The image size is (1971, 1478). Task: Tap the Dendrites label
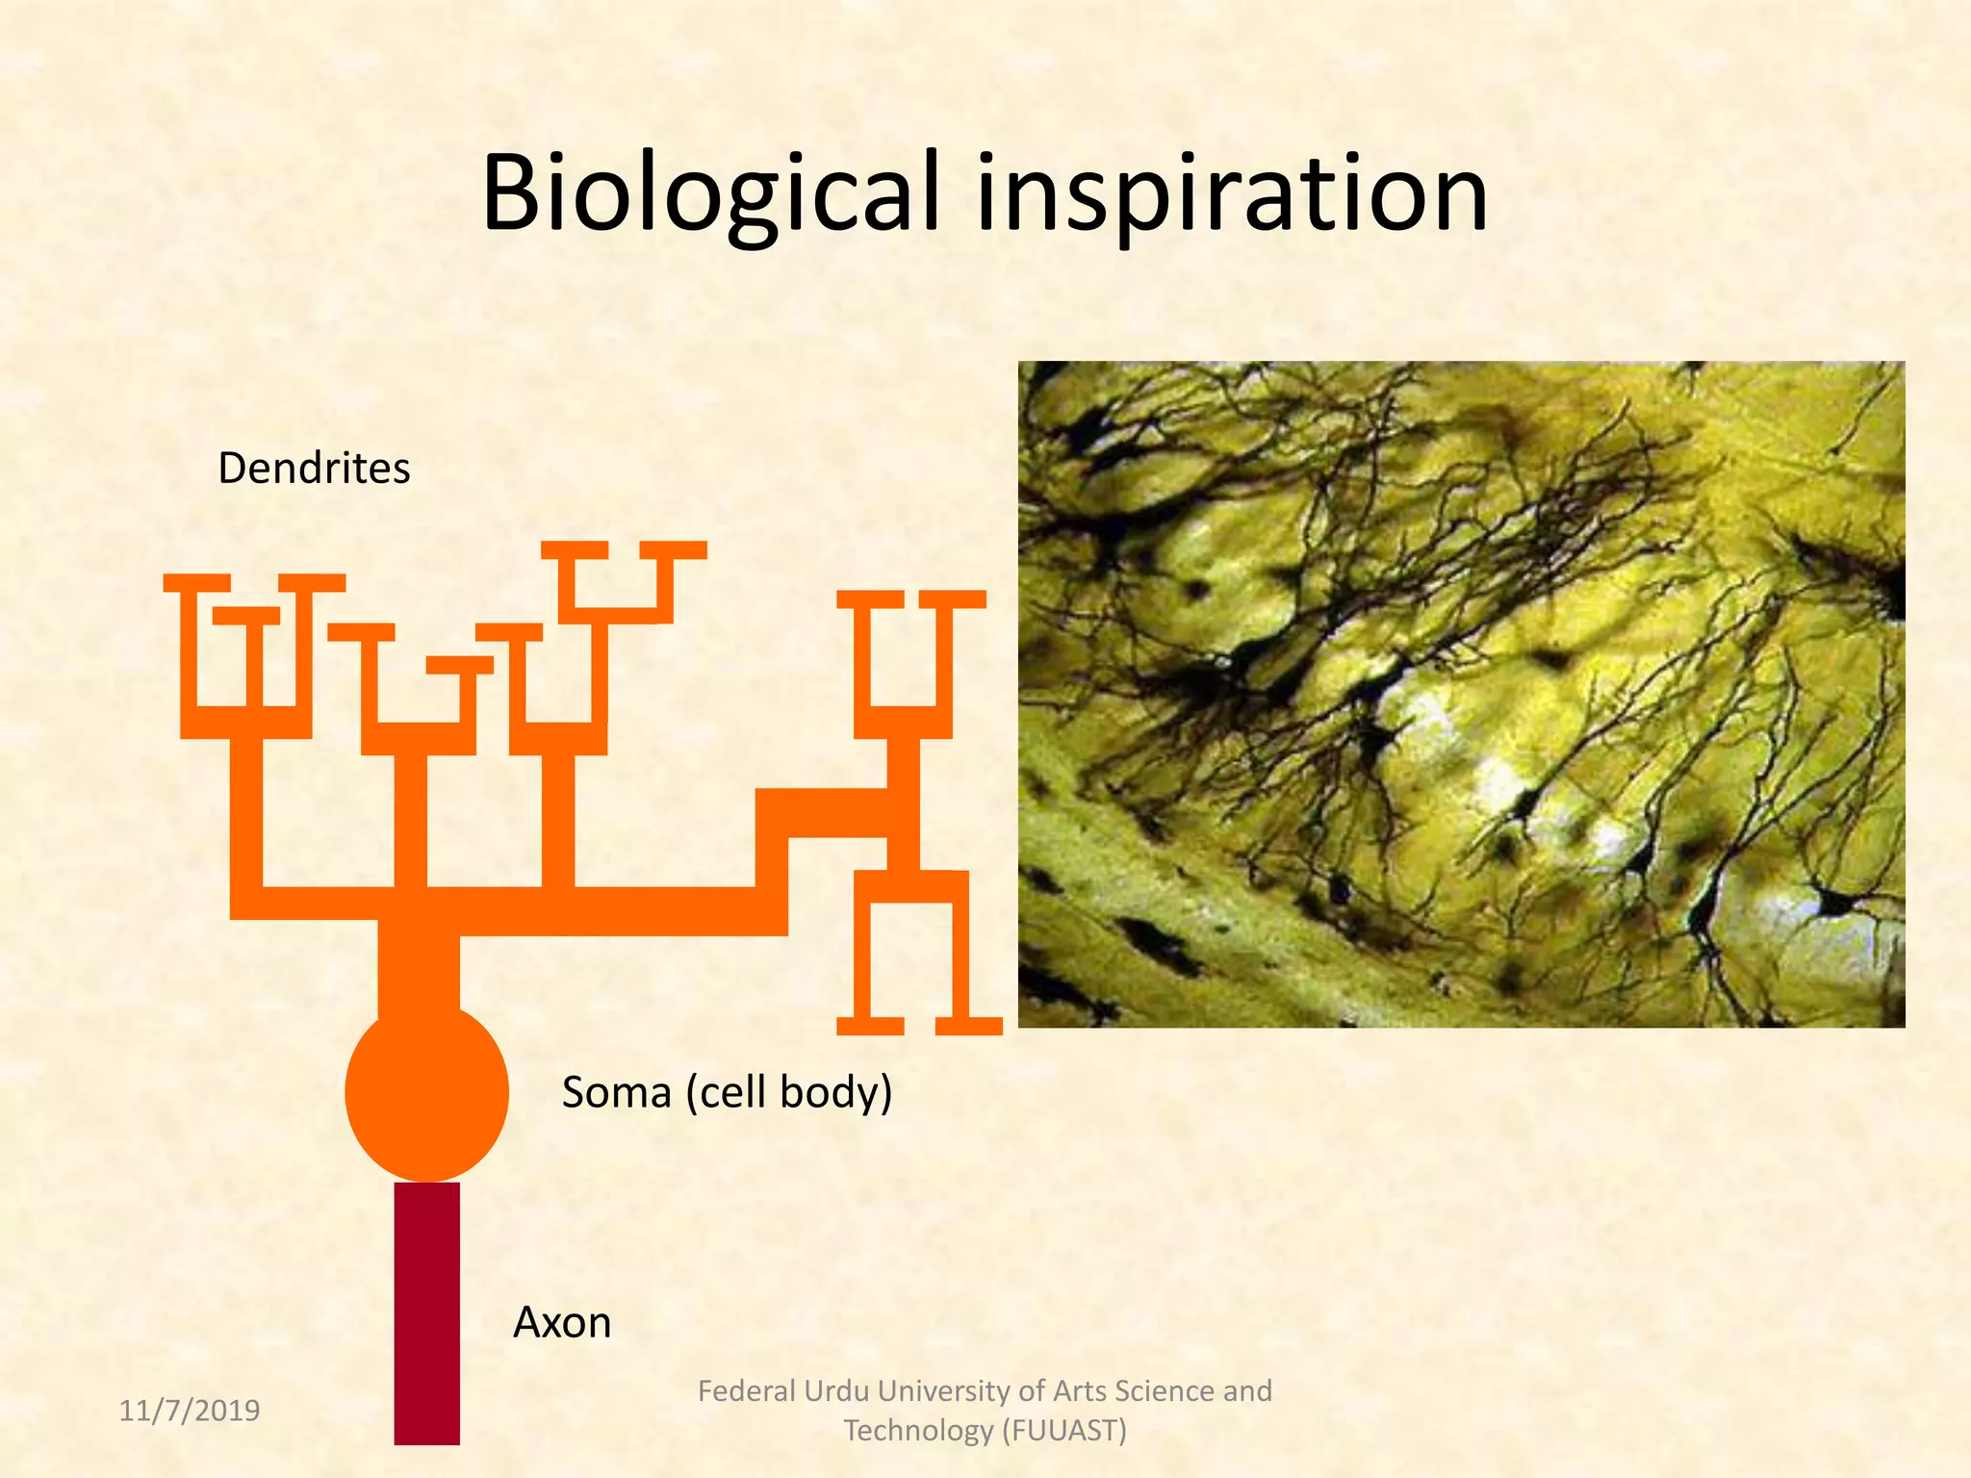click(314, 469)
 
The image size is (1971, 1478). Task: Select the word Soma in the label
click(616, 1093)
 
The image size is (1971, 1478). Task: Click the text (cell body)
click(789, 1093)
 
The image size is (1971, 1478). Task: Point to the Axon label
click(562, 1322)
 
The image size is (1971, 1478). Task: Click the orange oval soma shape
click(426, 1092)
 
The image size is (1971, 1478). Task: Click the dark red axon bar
click(426, 1313)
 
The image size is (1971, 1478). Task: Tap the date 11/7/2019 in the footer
click(190, 1411)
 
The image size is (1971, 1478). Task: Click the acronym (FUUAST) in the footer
click(1064, 1431)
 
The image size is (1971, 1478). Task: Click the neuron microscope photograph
click(1461, 694)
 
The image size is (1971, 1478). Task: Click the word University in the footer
click(944, 1391)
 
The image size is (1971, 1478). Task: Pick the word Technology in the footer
click(918, 1431)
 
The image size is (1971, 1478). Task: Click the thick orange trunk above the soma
click(419, 972)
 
